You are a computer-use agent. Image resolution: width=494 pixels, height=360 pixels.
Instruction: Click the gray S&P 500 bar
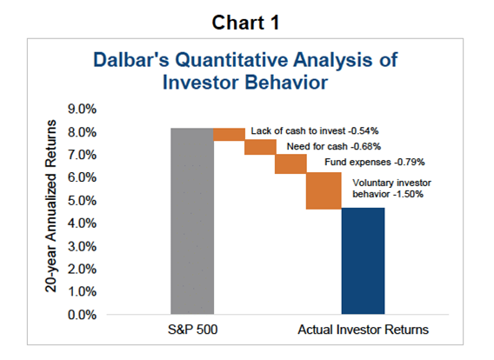(x=192, y=221)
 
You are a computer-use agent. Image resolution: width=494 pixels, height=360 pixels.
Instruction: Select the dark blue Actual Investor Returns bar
(x=363, y=261)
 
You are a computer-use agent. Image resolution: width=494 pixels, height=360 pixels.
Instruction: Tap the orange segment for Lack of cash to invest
(x=229, y=135)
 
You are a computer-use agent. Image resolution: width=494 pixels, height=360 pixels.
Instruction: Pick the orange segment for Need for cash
(x=260, y=147)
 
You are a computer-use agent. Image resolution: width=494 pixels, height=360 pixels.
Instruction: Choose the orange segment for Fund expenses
(x=290, y=163)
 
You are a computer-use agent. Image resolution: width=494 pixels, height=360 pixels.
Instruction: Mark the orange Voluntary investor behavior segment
(x=324, y=190)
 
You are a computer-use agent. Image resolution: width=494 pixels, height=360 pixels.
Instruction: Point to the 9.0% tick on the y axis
(x=82, y=109)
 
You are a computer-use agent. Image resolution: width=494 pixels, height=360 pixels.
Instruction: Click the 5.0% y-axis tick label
(x=82, y=200)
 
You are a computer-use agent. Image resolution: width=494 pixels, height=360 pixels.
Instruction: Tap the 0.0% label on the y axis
(x=82, y=315)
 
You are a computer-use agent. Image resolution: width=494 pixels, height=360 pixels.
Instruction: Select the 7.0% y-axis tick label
(x=82, y=155)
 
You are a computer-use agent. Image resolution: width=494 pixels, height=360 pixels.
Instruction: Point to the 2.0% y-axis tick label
(x=82, y=269)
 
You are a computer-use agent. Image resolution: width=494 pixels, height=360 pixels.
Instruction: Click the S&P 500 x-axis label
(x=192, y=330)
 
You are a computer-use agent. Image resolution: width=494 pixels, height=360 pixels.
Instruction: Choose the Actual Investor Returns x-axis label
(x=363, y=330)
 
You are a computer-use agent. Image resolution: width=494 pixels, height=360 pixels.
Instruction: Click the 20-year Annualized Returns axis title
(x=50, y=206)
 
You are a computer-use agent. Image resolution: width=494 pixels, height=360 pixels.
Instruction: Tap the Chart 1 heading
(x=245, y=23)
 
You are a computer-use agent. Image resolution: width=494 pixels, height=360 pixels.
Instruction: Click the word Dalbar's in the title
(x=131, y=59)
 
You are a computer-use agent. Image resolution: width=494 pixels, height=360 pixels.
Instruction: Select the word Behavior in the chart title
(x=286, y=83)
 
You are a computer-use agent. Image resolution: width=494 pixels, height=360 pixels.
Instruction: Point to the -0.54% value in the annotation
(x=364, y=131)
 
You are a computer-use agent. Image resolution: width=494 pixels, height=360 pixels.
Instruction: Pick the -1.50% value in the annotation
(x=408, y=194)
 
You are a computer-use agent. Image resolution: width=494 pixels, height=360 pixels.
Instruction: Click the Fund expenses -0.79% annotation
(x=375, y=163)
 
